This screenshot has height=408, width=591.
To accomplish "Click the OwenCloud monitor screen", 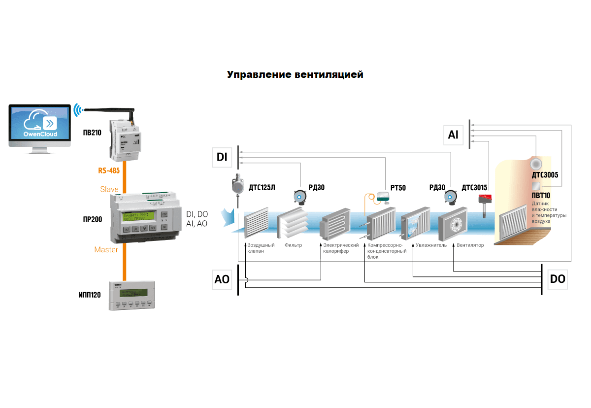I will (40, 123).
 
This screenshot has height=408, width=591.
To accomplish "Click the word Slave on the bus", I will (109, 189).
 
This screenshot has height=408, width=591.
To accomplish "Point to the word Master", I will (106, 250).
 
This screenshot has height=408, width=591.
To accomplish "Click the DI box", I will (222, 157).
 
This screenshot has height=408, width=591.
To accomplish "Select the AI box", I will (453, 134).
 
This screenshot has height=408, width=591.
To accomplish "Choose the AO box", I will (222, 279).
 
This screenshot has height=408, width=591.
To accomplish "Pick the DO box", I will (558, 279).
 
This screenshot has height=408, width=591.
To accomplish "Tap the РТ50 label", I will (398, 188).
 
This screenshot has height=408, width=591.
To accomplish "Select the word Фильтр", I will (293, 245).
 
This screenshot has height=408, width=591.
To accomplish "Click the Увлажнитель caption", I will (431, 245).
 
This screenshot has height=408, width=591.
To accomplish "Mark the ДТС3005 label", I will (545, 174).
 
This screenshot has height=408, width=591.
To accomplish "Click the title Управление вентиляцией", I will (295, 75).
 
